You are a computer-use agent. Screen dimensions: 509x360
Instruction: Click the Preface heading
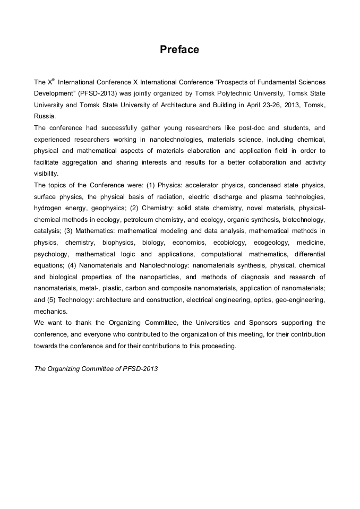(179, 50)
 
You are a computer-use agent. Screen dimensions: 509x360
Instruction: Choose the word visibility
(46, 174)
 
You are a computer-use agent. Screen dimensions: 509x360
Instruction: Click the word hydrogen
(48, 208)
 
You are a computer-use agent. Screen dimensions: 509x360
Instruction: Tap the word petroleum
(140, 220)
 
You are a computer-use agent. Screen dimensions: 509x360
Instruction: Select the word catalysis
(47, 231)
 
